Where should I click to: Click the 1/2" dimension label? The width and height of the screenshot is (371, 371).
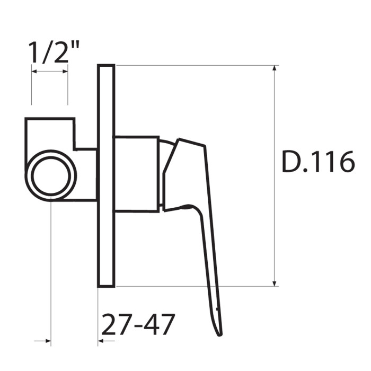pyautogui.click(x=53, y=52)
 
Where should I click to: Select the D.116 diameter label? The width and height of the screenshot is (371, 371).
pyautogui.click(x=319, y=162)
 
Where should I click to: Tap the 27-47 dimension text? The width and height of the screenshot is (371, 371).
pyautogui.click(x=138, y=324)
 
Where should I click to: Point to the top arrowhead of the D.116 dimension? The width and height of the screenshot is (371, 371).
pyautogui.click(x=275, y=68)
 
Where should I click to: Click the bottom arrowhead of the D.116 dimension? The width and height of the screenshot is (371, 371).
pyautogui.click(x=275, y=284)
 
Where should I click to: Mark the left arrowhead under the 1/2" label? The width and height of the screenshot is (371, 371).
pyautogui.click(x=35, y=71)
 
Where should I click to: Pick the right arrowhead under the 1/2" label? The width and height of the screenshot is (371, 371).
pyautogui.click(x=65, y=71)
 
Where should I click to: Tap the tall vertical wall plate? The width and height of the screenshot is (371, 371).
pyautogui.click(x=106, y=176)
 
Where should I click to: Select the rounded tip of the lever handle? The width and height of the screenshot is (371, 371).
pyautogui.click(x=219, y=333)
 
